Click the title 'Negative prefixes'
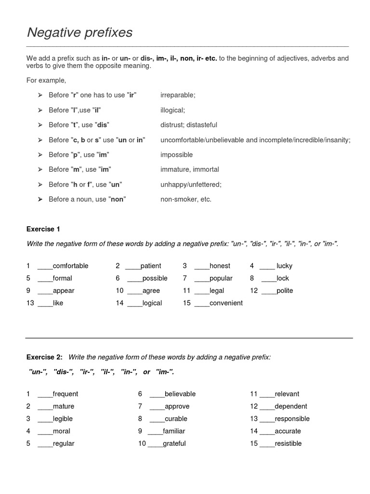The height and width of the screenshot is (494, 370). (79, 33)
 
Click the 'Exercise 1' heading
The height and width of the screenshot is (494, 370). (43, 229)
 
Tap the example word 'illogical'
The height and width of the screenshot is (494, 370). (172, 110)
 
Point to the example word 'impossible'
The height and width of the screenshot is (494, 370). (176, 154)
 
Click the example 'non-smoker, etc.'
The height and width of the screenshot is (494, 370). (186, 199)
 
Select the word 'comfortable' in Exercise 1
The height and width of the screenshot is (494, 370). (70, 266)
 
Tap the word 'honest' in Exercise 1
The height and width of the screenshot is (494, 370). (220, 266)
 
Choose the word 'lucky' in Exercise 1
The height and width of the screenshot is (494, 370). (284, 266)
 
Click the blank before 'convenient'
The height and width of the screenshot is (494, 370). (202, 303)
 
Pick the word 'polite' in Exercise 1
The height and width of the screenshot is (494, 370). (285, 290)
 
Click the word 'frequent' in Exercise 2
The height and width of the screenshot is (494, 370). (65, 394)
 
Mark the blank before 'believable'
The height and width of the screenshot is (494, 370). (157, 394)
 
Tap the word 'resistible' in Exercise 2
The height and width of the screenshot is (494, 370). (288, 443)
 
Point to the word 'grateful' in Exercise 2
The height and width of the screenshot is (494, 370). (174, 443)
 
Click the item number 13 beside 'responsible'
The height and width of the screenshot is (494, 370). (254, 419)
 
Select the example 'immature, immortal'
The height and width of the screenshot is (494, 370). (189, 169)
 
